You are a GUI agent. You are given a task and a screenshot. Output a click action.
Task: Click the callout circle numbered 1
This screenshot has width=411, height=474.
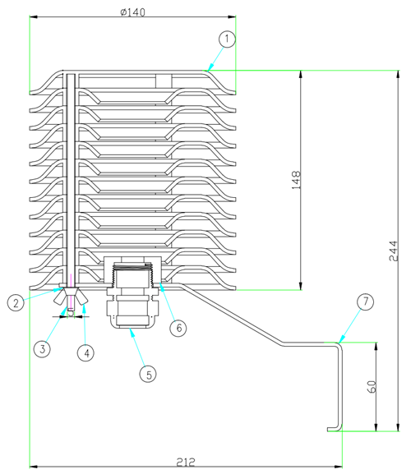[227, 39]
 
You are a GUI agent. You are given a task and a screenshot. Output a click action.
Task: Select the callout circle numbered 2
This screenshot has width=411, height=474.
[16, 302]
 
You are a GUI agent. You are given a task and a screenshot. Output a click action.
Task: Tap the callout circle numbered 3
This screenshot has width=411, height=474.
[42, 349]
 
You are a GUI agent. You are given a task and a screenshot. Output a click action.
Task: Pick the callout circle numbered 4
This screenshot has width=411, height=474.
[85, 352]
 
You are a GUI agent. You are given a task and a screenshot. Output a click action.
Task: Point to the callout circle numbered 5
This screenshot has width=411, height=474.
[148, 375]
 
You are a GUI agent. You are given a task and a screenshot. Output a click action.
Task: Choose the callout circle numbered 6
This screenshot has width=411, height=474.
[178, 328]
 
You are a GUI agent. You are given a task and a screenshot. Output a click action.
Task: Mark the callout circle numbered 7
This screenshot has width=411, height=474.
[365, 301]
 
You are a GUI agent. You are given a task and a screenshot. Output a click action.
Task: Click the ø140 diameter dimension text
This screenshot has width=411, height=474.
[133, 12]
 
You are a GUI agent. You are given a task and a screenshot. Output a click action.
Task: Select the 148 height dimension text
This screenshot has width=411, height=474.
[296, 180]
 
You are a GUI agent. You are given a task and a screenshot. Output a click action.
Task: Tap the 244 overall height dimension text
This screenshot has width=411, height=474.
[394, 251]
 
